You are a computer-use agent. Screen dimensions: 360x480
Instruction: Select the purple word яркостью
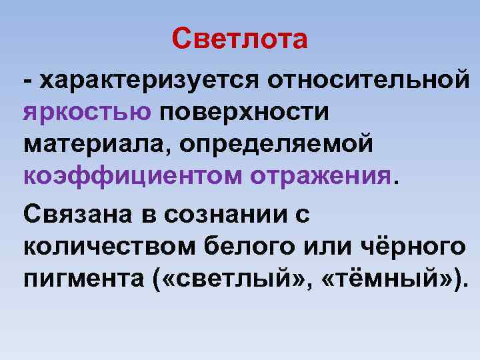87,112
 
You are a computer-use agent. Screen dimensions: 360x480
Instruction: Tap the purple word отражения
322,176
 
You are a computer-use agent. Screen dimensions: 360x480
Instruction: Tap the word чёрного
409,247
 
